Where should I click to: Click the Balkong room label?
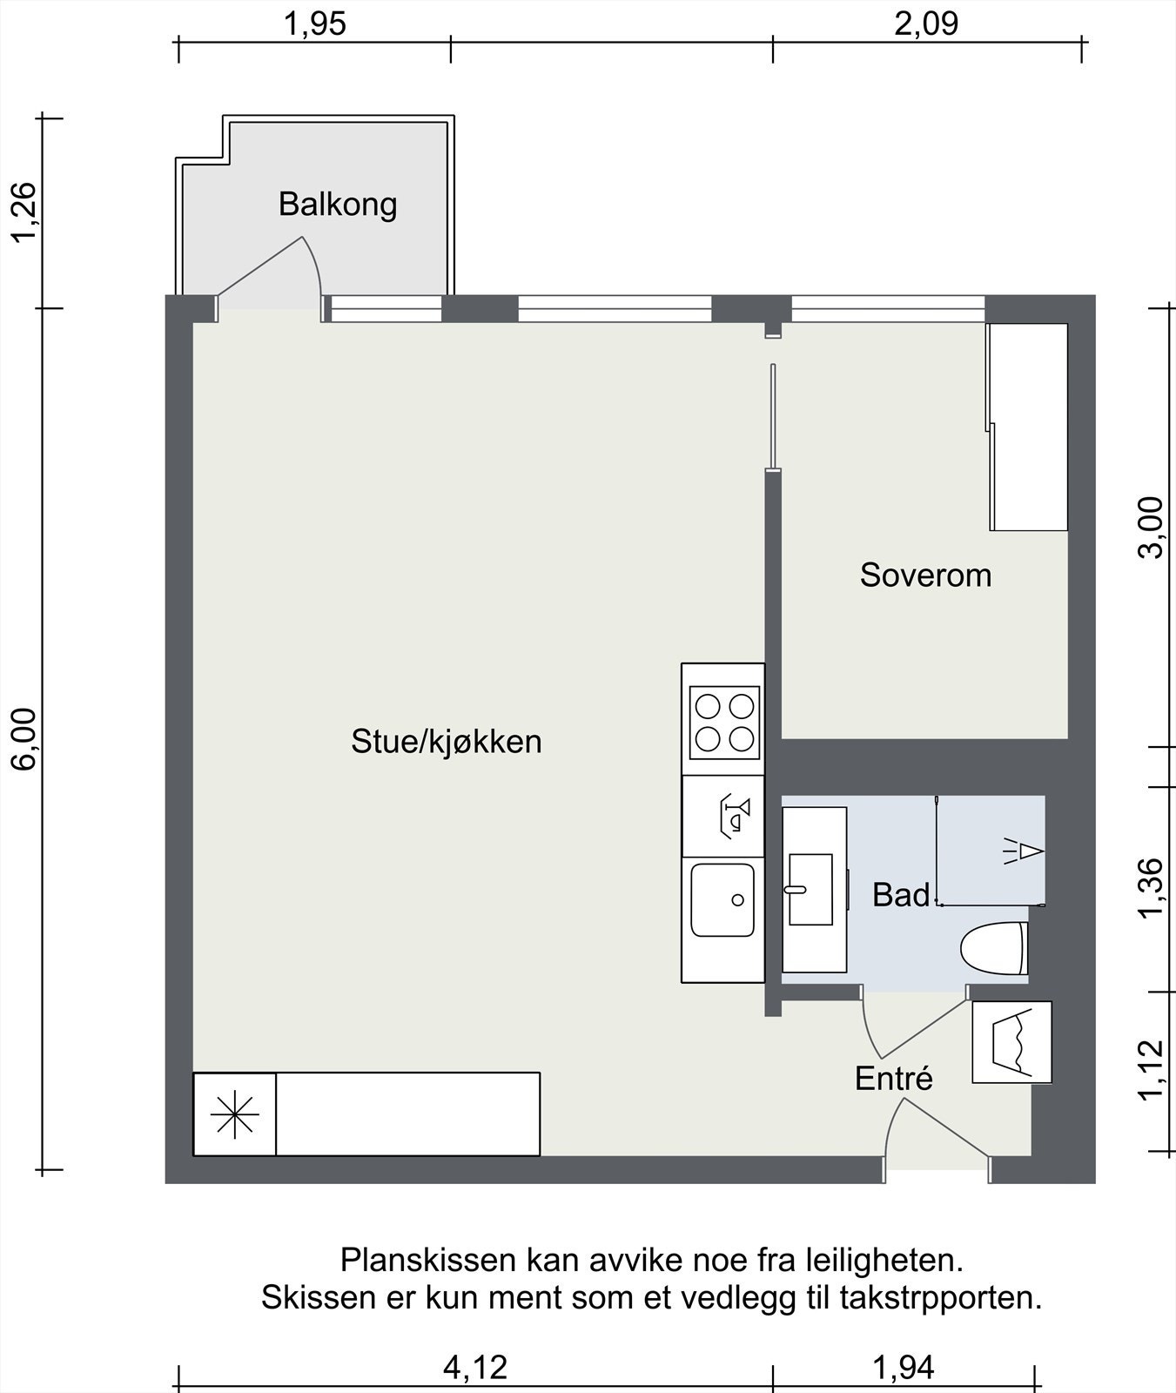tap(338, 204)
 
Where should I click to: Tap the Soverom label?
tap(925, 575)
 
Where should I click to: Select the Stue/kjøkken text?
tap(446, 741)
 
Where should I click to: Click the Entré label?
tap(893, 1078)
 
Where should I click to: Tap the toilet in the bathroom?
tap(993, 948)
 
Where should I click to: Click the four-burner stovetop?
tap(723, 722)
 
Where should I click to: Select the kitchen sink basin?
tap(722, 899)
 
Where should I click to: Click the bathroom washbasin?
tap(810, 889)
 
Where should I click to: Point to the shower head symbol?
tap(1025, 851)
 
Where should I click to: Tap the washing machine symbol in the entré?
tap(1011, 1041)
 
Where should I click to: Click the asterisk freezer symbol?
tap(235, 1115)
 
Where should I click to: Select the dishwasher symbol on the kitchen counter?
tap(733, 815)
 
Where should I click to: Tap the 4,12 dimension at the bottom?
tap(474, 1367)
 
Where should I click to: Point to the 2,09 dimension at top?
tap(926, 24)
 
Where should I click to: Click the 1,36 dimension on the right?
tap(1151, 887)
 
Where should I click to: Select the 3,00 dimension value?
tap(1151, 528)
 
